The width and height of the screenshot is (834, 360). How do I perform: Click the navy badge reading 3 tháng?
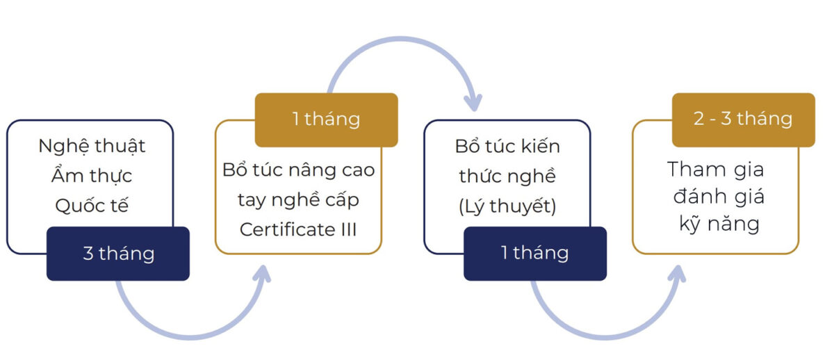coord(118,254)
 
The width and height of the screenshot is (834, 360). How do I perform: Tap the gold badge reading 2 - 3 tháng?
coord(743,120)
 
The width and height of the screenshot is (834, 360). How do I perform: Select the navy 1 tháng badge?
coord(534,254)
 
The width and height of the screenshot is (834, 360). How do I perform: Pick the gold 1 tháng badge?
coord(326,120)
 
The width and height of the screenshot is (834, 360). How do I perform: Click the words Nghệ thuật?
coord(92,147)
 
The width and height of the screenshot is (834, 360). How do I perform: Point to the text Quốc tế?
coord(92,206)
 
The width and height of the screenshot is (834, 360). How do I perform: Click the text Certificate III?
coord(298,229)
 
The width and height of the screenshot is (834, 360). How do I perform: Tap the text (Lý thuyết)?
coord(507,206)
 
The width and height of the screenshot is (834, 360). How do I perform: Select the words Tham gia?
coord(716,169)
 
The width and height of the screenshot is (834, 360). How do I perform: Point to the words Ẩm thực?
coord(92,177)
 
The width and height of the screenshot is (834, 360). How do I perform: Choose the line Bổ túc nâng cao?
coord(298,170)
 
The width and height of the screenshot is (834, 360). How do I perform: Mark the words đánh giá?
coord(716,197)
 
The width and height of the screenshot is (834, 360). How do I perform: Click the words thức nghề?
coord(507,177)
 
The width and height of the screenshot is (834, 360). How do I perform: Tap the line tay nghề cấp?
coord(298,199)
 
